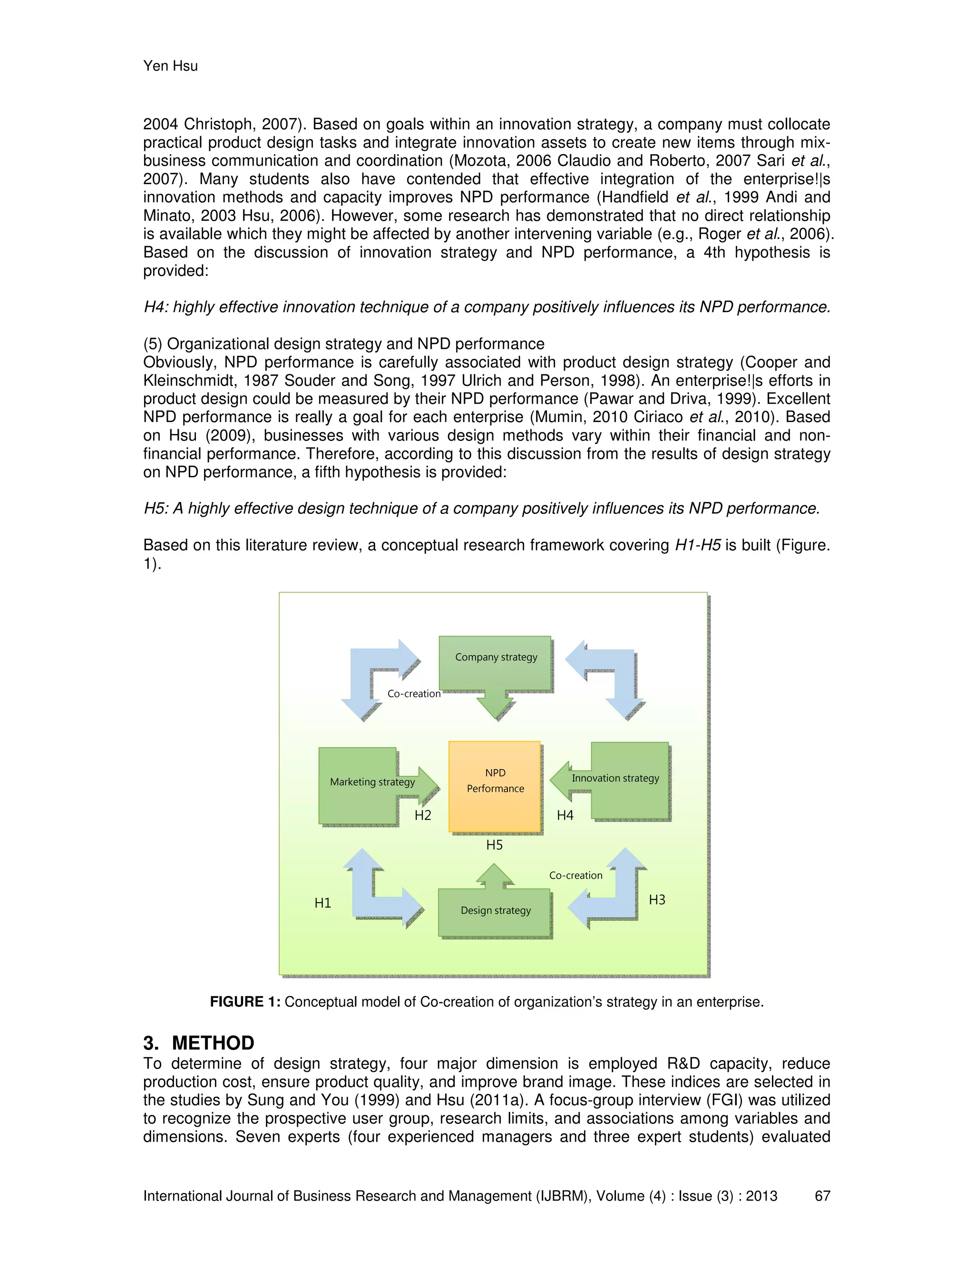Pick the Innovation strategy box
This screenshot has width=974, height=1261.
point(629,779)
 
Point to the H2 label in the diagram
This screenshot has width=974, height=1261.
point(423,815)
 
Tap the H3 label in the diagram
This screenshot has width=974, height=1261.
point(657,899)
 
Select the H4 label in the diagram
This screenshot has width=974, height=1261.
point(565,815)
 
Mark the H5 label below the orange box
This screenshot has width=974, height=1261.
point(494,845)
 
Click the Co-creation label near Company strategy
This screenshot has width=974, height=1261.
point(414,694)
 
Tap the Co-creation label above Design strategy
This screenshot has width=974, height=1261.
point(575,875)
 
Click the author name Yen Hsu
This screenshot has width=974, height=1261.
point(170,66)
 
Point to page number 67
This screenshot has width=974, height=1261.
point(822,1196)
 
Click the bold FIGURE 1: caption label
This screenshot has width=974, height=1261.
point(244,1002)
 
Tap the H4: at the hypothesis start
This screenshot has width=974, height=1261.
point(155,307)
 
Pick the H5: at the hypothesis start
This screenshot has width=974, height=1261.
point(155,509)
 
